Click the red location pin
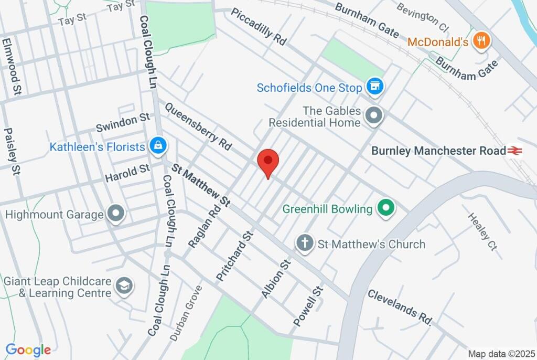tap(268, 161)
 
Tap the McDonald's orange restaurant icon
tap(480, 41)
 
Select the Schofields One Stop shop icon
tap(374, 87)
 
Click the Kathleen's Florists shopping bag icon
tap(157, 146)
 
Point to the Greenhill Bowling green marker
tap(386, 209)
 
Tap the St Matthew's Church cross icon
tap(304, 243)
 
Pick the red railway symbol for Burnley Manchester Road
tap(514, 151)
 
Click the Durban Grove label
tap(186, 313)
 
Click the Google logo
tap(28, 350)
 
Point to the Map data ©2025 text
tap(501, 354)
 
